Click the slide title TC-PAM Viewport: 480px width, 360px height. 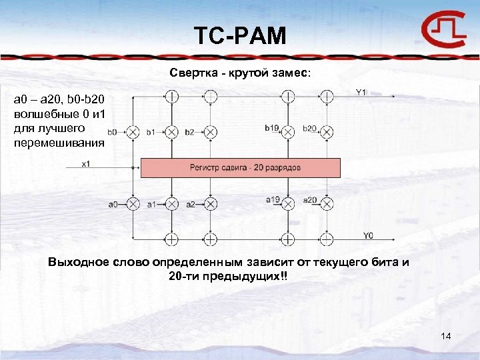click(x=239, y=35)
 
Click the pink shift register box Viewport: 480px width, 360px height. click(x=240, y=167)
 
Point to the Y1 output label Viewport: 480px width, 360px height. click(x=361, y=92)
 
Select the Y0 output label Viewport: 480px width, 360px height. click(x=369, y=235)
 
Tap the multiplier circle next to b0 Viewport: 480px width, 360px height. click(x=133, y=131)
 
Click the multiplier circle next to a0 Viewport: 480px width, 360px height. click(x=133, y=203)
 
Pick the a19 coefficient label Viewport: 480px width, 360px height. click(x=272, y=199)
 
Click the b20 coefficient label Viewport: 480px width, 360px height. click(x=310, y=128)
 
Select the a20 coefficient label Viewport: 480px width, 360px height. click(x=310, y=199)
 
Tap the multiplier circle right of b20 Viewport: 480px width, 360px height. click(x=327, y=131)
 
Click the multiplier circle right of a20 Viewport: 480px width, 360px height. click(x=327, y=203)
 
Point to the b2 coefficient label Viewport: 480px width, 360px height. click(x=190, y=132)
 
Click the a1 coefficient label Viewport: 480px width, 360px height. click(x=151, y=204)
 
